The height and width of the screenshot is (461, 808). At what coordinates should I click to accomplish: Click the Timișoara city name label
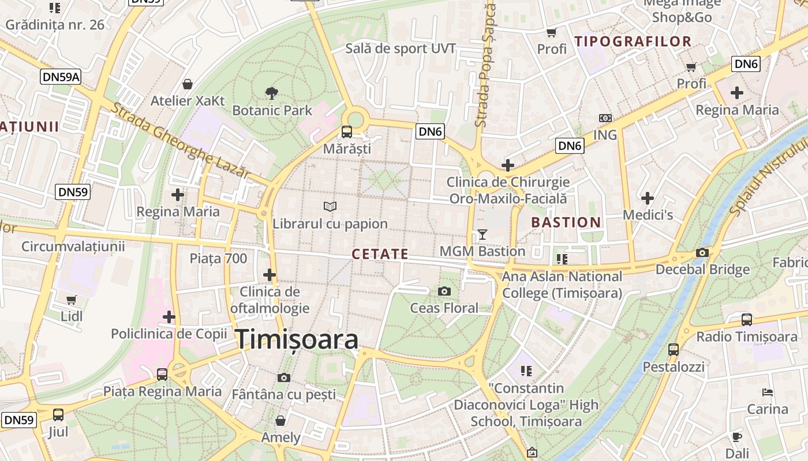tap(297, 339)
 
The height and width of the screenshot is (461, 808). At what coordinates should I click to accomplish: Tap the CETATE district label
tap(380, 254)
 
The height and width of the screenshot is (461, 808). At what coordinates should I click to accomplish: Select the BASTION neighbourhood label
tap(566, 222)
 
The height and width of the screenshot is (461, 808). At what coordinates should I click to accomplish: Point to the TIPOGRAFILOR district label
tap(633, 41)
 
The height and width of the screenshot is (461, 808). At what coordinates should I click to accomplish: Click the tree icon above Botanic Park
tap(271, 92)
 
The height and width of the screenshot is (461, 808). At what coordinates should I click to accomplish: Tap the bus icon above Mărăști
tap(347, 131)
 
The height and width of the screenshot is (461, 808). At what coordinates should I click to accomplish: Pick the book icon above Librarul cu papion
tap(330, 206)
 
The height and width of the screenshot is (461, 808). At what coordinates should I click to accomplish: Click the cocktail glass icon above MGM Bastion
tap(482, 234)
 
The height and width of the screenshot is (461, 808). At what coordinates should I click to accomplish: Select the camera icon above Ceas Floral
tap(444, 291)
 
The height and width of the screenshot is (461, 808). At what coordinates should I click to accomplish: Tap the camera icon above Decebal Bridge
tap(702, 252)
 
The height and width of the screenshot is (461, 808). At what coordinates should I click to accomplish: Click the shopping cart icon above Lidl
tap(72, 300)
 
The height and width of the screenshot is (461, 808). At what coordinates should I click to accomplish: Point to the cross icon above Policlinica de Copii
tap(169, 316)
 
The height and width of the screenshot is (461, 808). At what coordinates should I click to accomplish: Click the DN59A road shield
tap(61, 77)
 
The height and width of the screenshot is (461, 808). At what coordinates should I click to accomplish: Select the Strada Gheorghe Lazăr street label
tap(181, 140)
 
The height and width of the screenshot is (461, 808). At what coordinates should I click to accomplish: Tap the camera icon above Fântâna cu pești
tap(283, 377)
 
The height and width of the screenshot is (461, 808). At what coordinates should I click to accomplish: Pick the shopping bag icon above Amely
tap(280, 421)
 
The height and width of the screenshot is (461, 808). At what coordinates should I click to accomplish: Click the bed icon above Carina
tap(768, 392)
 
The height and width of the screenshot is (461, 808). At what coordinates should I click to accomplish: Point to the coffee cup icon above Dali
tap(737, 436)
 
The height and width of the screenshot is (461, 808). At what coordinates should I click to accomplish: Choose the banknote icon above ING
tap(605, 118)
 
